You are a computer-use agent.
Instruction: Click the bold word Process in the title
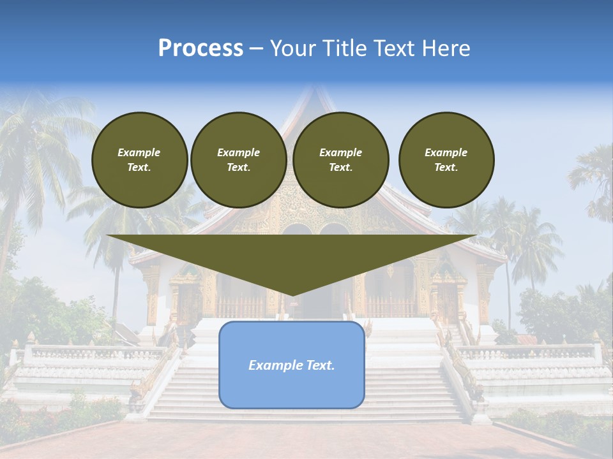tap(201, 48)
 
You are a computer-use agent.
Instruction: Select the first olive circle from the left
tap(139, 159)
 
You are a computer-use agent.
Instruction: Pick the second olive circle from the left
tap(238, 159)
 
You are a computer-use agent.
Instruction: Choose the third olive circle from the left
tap(340, 159)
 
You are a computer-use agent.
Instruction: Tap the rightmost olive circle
tap(446, 159)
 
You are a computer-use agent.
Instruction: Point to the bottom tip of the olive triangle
tap(292, 295)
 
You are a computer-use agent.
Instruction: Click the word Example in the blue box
tap(273, 365)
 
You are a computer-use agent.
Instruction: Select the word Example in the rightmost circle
tap(446, 152)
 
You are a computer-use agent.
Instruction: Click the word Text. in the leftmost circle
tap(139, 168)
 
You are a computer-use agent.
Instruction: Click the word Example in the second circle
tap(238, 152)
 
